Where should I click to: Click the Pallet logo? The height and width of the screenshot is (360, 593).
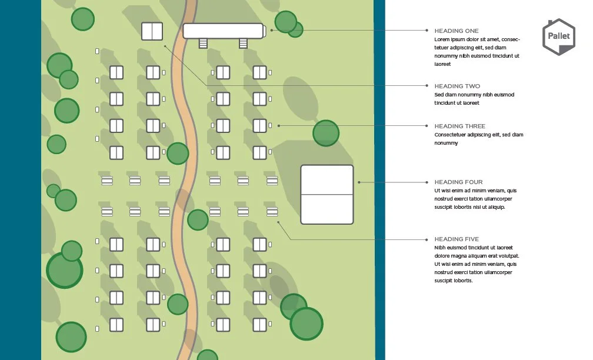point(558,37)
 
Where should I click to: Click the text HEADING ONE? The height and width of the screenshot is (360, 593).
point(456,31)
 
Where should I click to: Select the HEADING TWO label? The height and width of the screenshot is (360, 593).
point(457,86)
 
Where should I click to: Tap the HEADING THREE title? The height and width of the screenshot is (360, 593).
point(459,126)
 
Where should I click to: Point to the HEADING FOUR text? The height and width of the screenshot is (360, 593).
point(458,182)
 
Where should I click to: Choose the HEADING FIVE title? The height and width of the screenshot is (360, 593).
point(457,239)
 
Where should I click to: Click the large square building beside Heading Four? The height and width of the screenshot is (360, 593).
point(327,194)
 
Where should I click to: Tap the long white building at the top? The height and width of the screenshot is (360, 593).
point(223,31)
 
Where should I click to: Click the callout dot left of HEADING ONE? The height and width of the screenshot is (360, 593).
point(427,30)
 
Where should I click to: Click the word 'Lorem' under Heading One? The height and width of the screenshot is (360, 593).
point(442,39)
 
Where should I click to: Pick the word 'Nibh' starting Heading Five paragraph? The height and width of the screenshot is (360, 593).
point(439,248)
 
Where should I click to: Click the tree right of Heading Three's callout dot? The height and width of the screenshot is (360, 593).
point(325,133)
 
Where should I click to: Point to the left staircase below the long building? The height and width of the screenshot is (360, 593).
point(204,44)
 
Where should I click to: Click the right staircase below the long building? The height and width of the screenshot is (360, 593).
point(243,44)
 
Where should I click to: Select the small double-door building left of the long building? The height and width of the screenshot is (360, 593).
point(152,31)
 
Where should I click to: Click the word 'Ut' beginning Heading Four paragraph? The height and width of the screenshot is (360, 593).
point(437,191)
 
